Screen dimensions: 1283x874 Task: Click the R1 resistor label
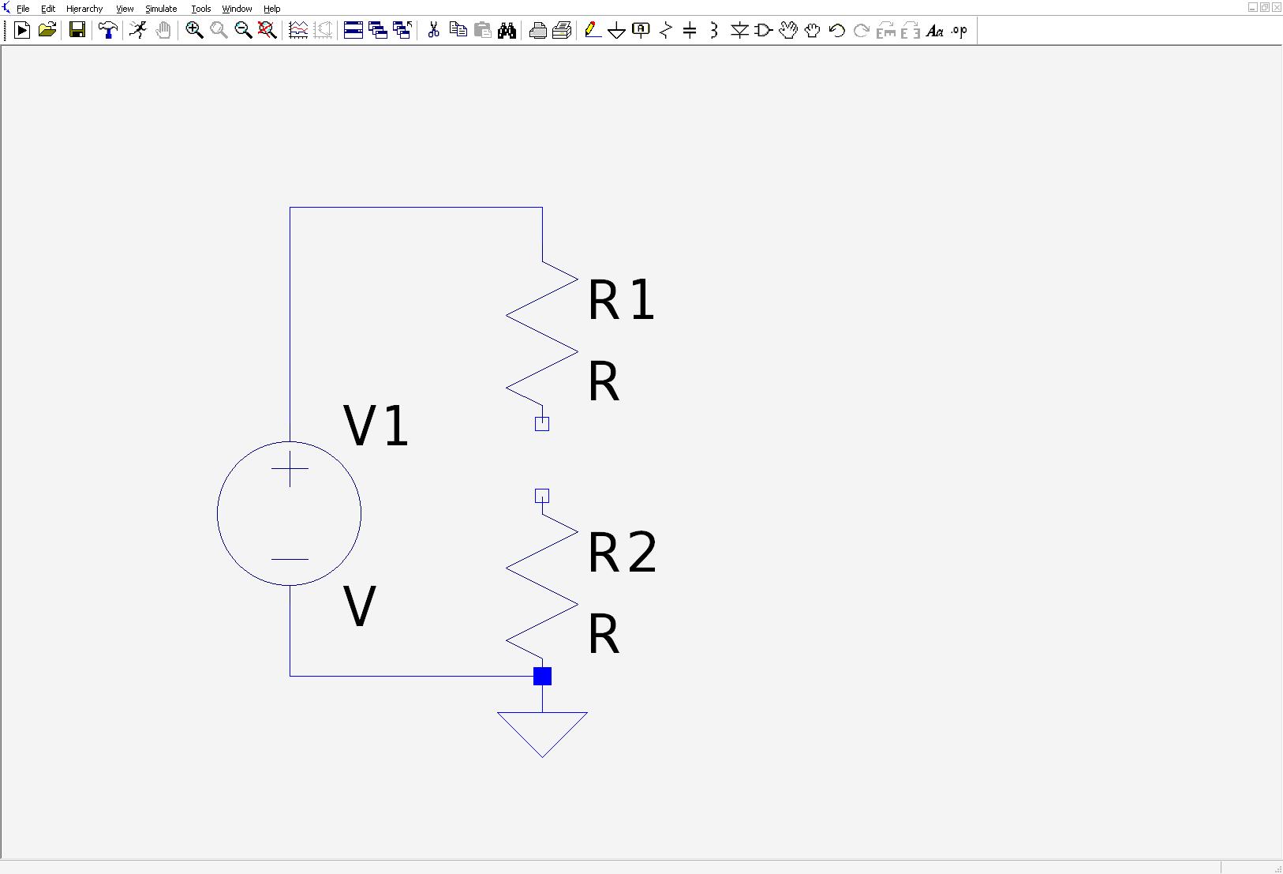tap(621, 299)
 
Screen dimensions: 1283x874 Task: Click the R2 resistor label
tap(622, 552)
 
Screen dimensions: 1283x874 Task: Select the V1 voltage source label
tap(376, 426)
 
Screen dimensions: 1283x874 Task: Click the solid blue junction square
tap(542, 677)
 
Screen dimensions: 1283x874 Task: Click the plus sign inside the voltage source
tap(290, 468)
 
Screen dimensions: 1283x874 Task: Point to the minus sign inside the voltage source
tap(290, 559)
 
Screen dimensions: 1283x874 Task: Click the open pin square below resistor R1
tap(542, 423)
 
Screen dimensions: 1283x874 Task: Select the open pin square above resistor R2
tap(542, 496)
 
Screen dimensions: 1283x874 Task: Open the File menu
tap(23, 9)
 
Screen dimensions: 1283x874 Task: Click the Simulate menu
tap(161, 9)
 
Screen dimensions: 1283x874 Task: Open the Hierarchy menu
tap(84, 9)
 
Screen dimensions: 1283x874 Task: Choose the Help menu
tap(271, 9)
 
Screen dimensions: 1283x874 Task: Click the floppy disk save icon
tap(77, 30)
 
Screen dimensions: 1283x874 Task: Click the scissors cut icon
tap(434, 30)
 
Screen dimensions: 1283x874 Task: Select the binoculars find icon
tap(507, 30)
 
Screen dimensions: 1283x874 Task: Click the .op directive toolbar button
tap(959, 30)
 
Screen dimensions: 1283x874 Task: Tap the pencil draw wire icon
tap(593, 30)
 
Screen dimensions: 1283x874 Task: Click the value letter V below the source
tap(359, 606)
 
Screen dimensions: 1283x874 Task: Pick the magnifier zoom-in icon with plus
tap(194, 30)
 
